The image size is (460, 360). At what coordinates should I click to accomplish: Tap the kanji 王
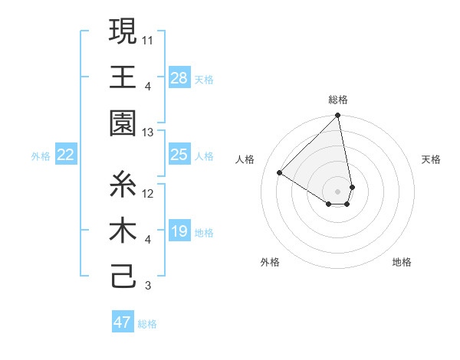(x=123, y=77)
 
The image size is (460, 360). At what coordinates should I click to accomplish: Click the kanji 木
(x=123, y=232)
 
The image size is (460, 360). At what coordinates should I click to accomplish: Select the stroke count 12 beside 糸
(x=149, y=193)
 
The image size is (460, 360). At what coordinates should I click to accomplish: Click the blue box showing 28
(x=179, y=78)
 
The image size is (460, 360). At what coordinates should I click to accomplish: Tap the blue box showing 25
(x=179, y=155)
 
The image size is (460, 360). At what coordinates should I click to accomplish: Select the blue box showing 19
(x=179, y=231)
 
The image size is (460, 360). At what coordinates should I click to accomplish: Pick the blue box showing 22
(x=66, y=155)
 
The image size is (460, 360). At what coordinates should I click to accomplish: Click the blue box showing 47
(x=123, y=322)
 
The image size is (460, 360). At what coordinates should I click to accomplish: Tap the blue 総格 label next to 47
(x=147, y=324)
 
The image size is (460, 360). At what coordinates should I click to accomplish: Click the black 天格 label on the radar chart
(x=431, y=159)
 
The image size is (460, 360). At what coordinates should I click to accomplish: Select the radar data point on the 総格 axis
(x=337, y=116)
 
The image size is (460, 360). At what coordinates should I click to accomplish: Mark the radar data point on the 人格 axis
(x=280, y=173)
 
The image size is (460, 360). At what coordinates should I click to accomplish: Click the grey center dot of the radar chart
(x=338, y=190)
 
